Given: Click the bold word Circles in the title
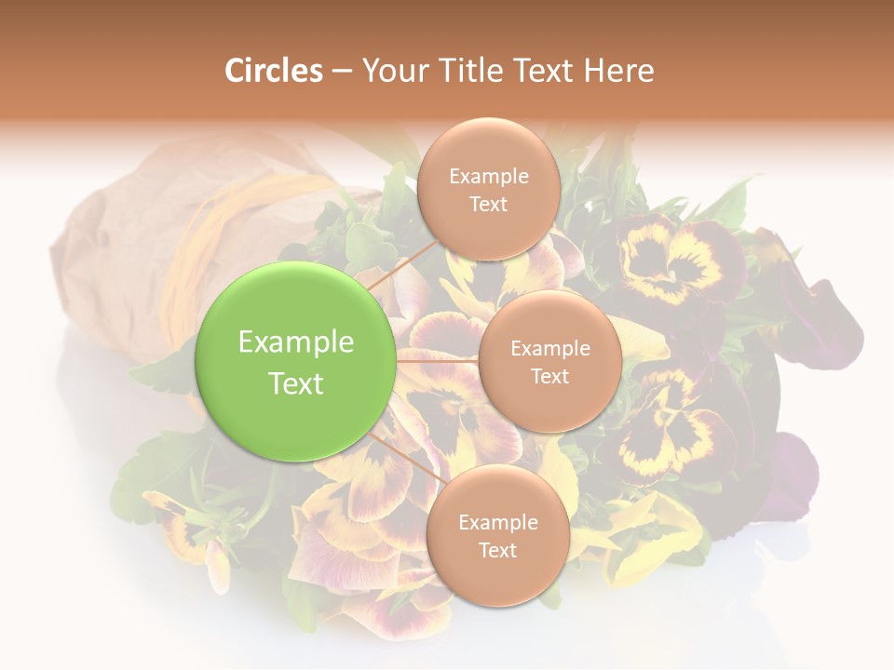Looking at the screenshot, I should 273,71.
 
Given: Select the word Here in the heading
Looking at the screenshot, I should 618,71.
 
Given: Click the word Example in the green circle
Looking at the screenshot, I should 295,342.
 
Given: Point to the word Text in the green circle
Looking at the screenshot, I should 295,383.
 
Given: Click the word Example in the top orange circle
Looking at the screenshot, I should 488,177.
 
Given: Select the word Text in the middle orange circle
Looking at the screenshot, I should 549,377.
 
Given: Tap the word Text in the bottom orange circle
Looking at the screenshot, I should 497,550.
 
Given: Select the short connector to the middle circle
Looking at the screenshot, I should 437,360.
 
